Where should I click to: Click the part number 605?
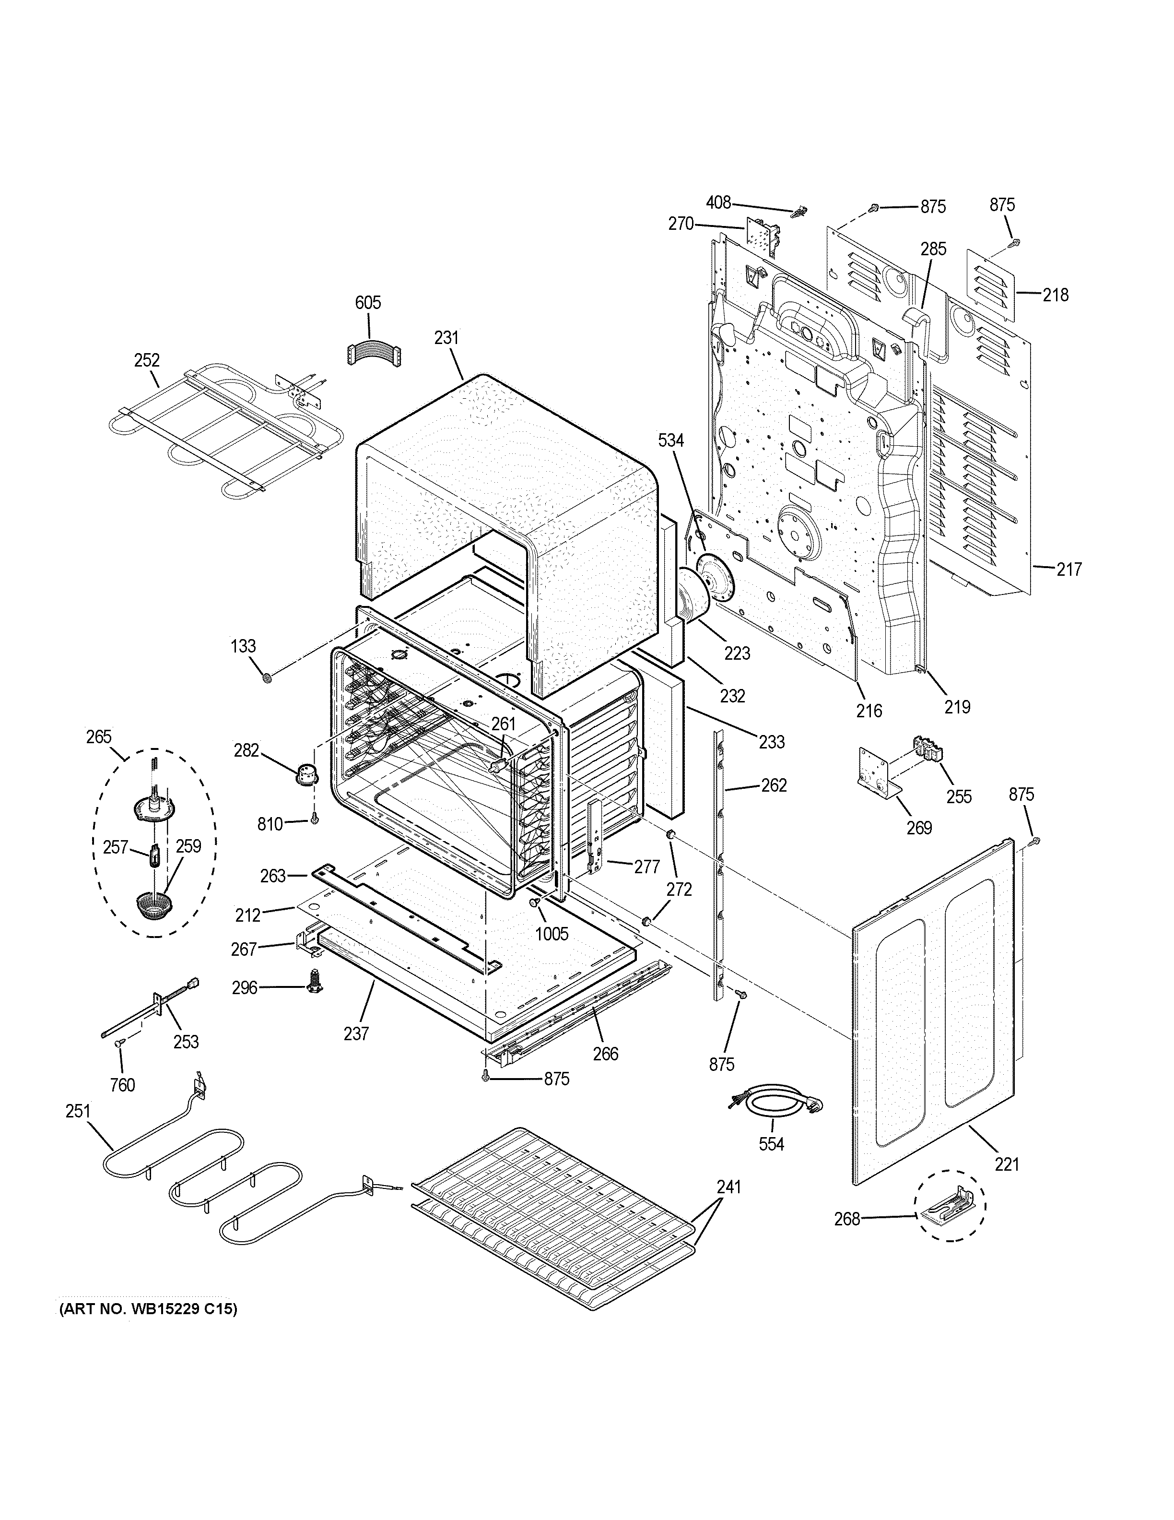(x=368, y=303)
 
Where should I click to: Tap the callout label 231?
(x=446, y=338)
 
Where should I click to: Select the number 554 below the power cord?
(x=771, y=1143)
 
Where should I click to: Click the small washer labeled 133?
(x=266, y=677)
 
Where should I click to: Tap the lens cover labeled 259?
(x=155, y=905)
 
